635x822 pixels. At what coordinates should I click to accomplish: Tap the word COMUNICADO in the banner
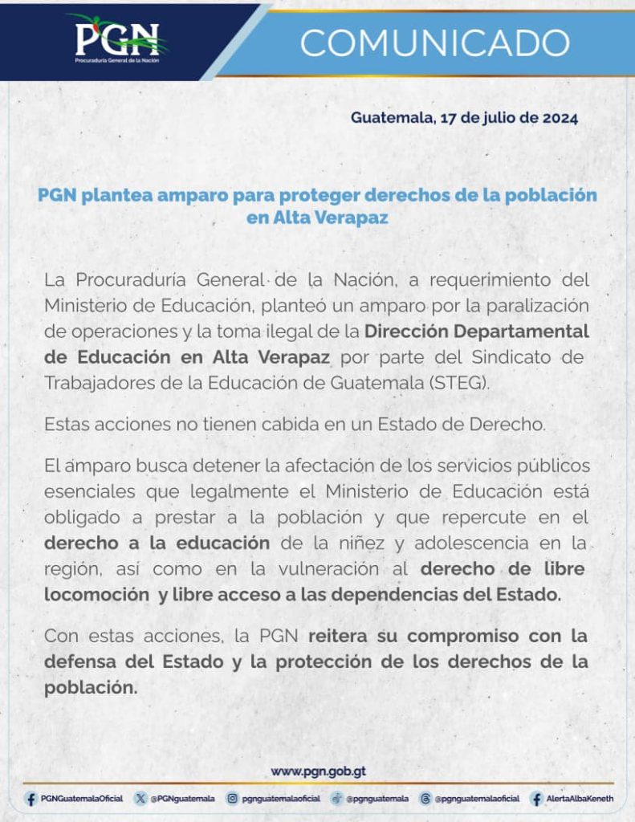coord(434,42)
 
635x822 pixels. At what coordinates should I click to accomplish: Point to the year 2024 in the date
coord(557,118)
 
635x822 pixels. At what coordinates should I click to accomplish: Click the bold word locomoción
coord(96,595)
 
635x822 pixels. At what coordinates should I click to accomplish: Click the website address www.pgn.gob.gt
coord(319,771)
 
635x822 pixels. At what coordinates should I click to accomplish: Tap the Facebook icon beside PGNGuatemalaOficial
coord(31,799)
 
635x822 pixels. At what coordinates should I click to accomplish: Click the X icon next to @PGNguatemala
coord(141,799)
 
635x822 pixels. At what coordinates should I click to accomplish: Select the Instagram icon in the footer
coord(232,799)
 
